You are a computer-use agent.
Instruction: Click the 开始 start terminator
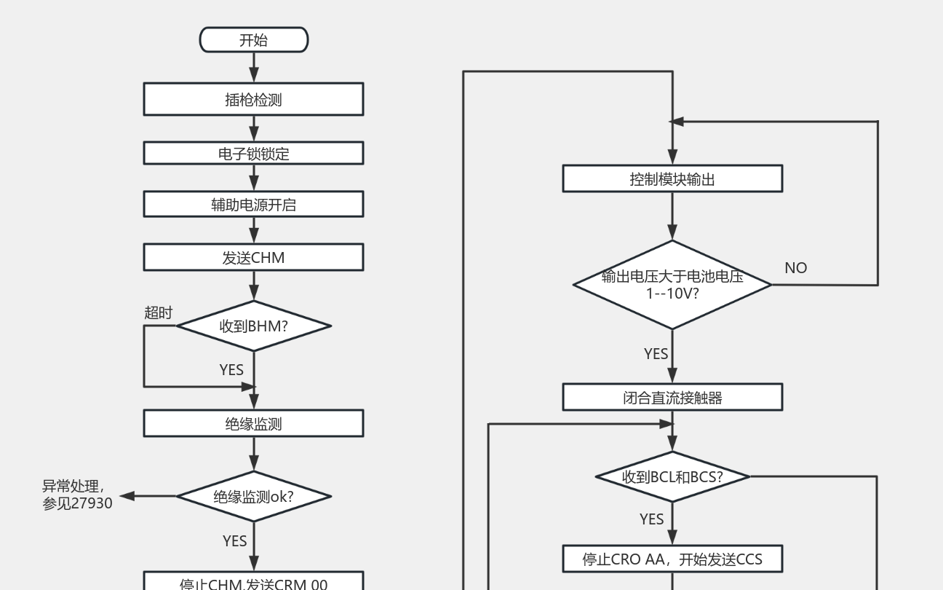point(253,40)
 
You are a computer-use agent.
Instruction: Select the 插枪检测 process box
point(253,99)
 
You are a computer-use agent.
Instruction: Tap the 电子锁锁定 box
point(253,154)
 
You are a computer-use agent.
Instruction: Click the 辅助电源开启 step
point(253,205)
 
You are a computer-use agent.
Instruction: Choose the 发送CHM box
point(253,258)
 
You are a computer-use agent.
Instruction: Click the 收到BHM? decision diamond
point(253,326)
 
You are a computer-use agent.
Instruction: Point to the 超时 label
point(159,312)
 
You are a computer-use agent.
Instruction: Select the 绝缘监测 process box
point(253,423)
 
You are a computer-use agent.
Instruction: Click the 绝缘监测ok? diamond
point(253,497)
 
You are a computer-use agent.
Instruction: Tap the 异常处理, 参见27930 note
point(77,495)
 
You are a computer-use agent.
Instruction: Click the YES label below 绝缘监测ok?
point(234,540)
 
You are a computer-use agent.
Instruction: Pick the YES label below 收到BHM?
point(231,369)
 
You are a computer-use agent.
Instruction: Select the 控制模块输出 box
point(672,178)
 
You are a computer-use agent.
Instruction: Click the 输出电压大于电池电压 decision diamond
point(672,285)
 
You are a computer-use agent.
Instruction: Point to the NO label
point(795,267)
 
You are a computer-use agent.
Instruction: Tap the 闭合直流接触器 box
point(672,398)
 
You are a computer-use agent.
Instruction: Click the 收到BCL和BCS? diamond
point(672,477)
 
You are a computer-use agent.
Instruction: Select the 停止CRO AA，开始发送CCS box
point(672,559)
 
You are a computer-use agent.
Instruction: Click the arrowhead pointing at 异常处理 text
point(127,496)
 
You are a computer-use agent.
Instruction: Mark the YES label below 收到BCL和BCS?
point(651,519)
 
